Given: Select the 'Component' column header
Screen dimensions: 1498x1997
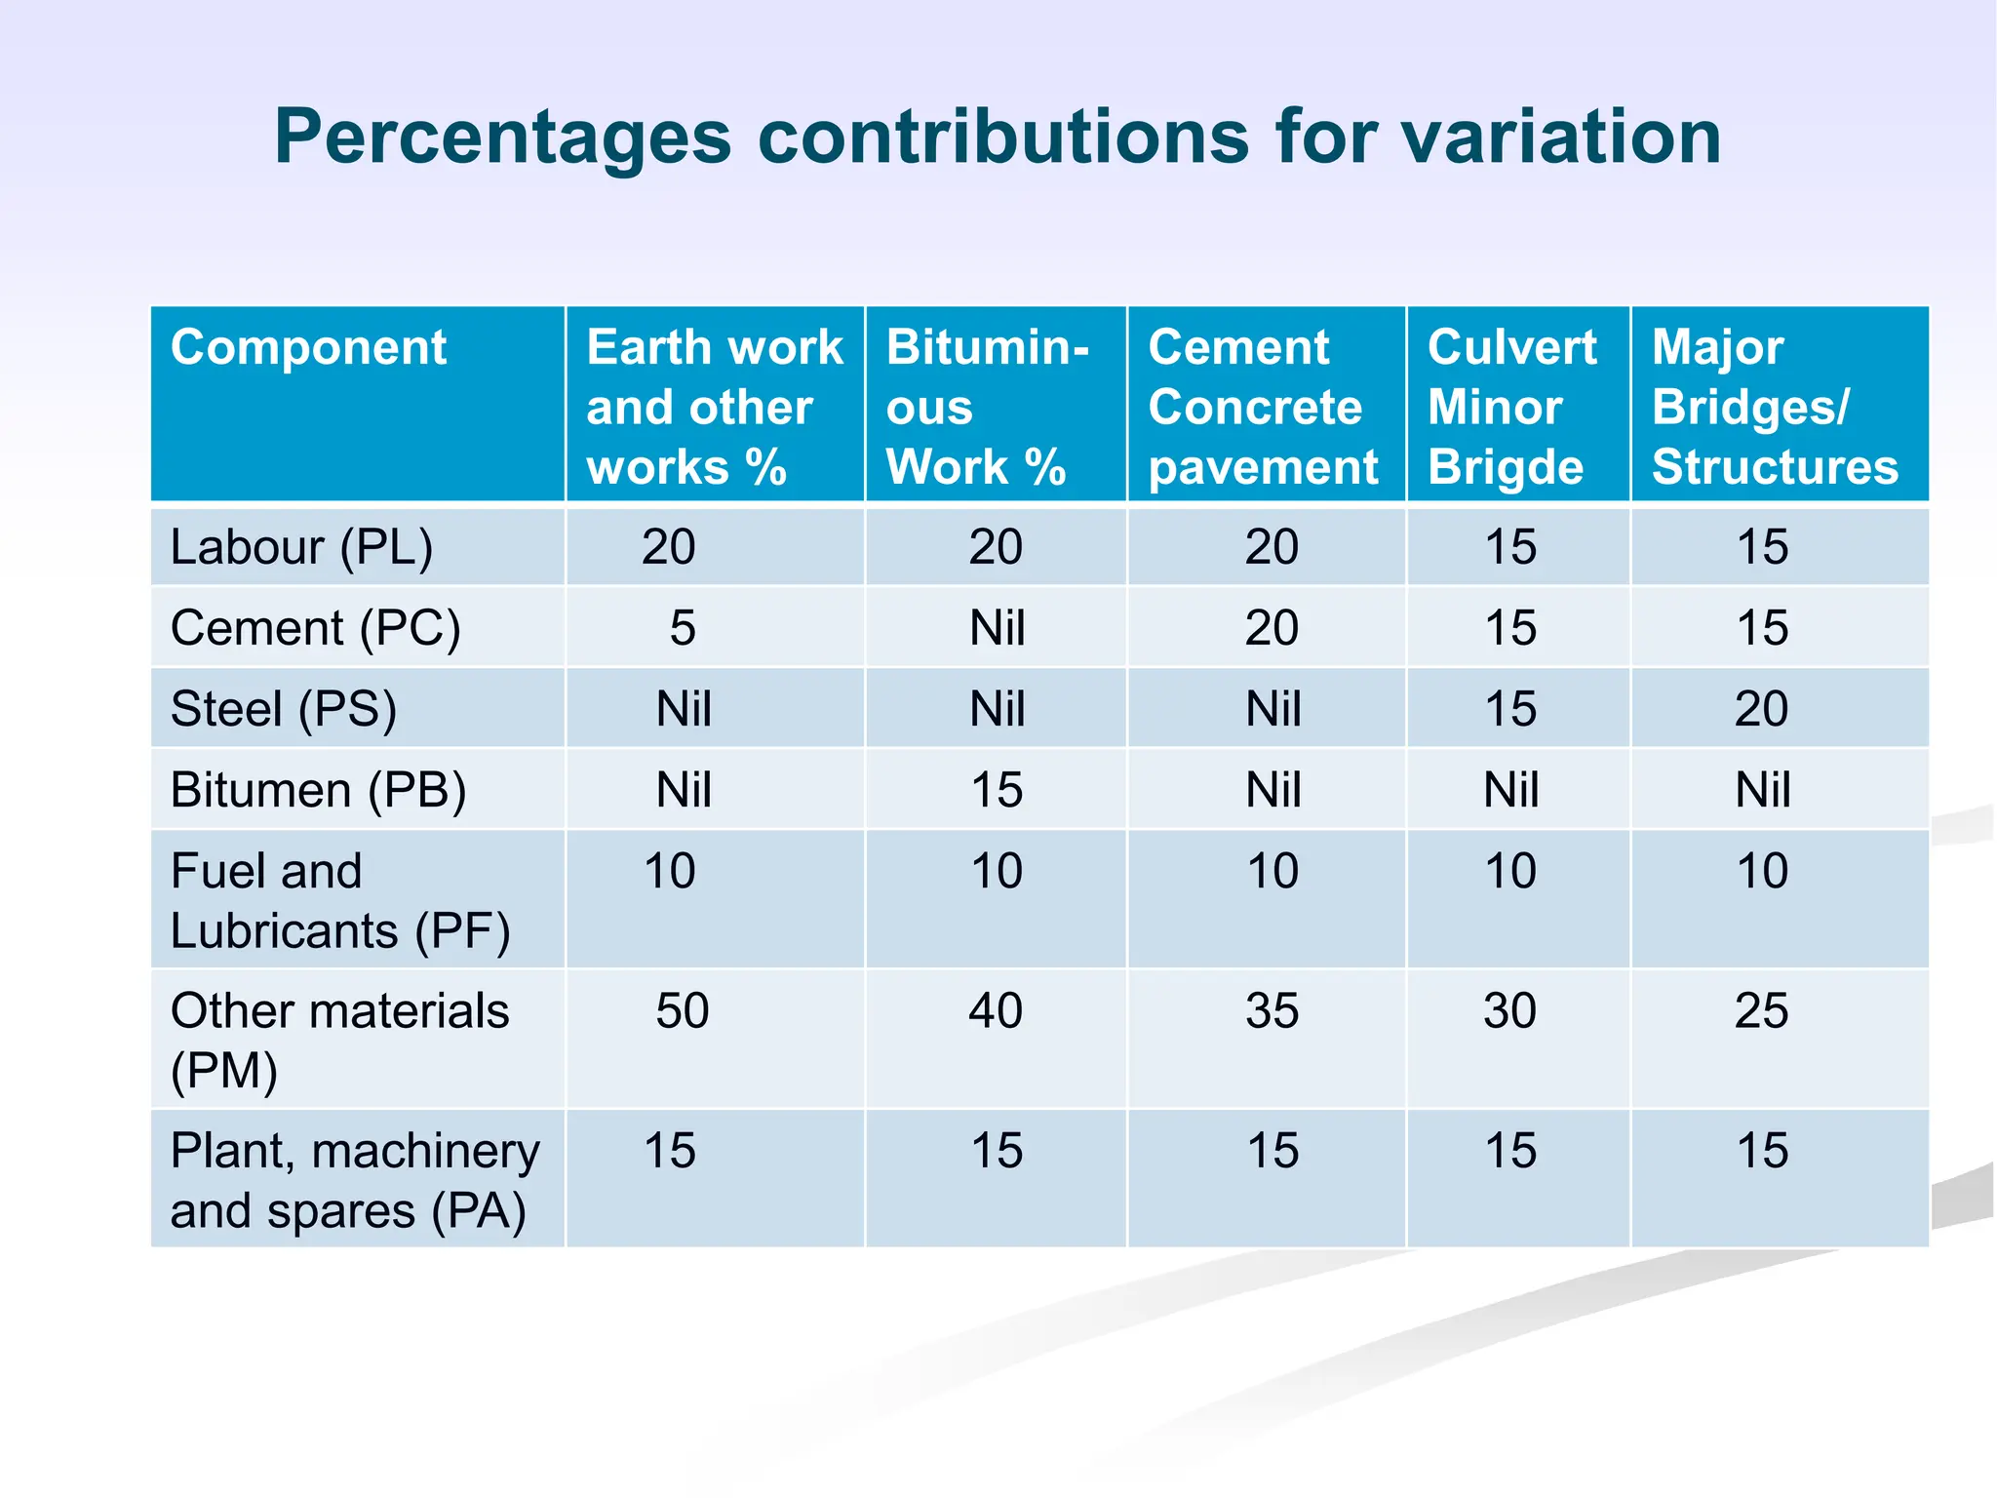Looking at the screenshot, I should [308, 347].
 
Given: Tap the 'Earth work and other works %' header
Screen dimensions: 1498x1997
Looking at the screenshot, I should [714, 406].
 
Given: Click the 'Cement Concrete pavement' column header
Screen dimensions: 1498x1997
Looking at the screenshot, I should [1263, 406].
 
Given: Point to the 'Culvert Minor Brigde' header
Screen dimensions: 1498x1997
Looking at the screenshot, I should [1511, 406].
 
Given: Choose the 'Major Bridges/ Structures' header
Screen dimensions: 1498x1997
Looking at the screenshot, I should [1774, 406].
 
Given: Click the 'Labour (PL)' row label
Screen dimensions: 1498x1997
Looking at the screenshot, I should [301, 546].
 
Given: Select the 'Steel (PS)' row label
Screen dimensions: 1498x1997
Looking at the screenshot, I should [284, 708].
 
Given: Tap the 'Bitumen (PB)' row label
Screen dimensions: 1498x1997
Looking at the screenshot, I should [318, 789].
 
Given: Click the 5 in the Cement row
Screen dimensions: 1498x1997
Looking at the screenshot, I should [682, 627].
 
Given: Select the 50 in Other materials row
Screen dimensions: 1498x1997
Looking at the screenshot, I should [682, 1010].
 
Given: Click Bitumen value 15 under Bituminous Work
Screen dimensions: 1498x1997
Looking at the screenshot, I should [996, 789].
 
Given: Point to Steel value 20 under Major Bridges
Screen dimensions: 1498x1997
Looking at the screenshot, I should [1761, 708].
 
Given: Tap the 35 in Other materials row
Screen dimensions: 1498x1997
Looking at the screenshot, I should [1272, 1010].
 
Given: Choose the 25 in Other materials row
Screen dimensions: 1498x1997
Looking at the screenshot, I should [1761, 1010].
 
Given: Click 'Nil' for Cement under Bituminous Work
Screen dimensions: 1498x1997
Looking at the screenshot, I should [996, 627].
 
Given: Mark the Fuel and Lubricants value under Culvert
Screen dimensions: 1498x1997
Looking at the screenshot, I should [1509, 870].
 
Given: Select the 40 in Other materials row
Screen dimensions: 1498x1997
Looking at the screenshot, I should [996, 1010].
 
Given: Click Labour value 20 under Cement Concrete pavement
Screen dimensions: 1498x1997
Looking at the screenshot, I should [1272, 546].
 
